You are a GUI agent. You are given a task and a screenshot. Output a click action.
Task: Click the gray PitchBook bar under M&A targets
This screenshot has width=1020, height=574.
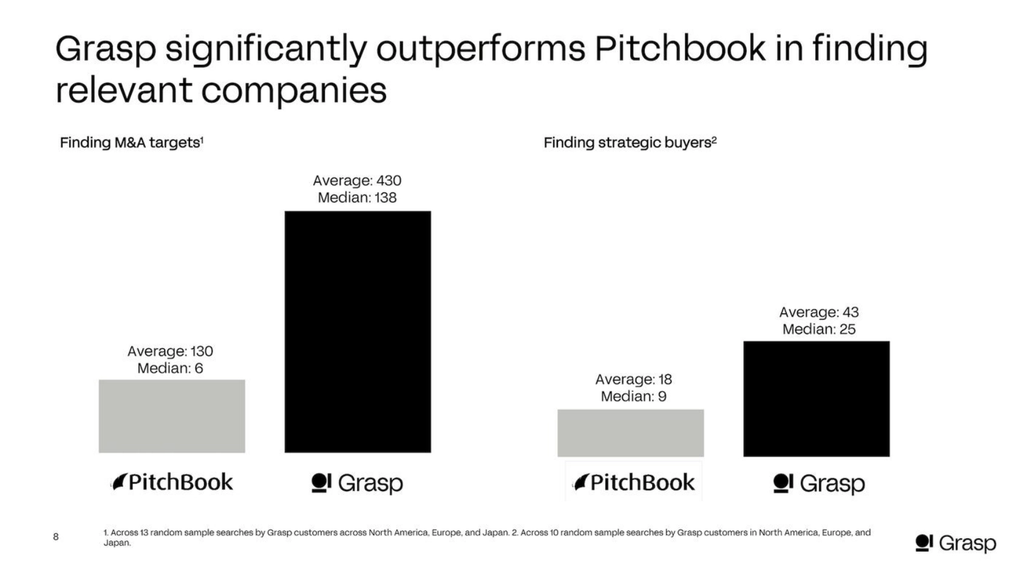coord(172,416)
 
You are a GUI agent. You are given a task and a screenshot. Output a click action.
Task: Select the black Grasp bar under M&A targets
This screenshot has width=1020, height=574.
coord(358,331)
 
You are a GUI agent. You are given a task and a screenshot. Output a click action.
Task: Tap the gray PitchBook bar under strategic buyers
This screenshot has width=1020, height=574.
coord(630,433)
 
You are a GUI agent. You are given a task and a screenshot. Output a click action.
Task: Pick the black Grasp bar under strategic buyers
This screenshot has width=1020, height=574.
coord(816,399)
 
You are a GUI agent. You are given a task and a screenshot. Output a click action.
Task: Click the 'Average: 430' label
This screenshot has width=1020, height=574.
coord(357,180)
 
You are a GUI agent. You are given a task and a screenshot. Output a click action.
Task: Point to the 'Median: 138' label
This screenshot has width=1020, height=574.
coord(357,197)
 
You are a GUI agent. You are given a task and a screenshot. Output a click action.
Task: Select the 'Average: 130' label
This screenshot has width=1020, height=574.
coord(170,351)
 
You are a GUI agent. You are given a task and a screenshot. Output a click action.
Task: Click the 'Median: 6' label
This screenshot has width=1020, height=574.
coord(170,368)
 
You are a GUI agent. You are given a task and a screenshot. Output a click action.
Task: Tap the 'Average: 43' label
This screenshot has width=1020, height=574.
coord(818,312)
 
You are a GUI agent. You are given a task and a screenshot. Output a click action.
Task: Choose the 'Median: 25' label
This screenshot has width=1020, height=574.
coord(818,329)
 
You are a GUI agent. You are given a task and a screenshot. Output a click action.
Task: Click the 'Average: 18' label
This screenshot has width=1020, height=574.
coord(633,379)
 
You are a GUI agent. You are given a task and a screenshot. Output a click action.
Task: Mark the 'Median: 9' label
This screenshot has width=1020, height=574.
coord(633,396)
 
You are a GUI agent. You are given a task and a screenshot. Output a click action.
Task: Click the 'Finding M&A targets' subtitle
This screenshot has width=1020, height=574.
coord(131,143)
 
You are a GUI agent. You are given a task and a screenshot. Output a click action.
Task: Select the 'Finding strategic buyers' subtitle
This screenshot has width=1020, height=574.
coord(630,143)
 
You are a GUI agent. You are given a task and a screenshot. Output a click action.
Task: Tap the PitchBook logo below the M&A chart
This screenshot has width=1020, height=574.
coord(172,482)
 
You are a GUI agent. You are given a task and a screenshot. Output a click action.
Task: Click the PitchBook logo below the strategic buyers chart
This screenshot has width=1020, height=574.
coord(634,482)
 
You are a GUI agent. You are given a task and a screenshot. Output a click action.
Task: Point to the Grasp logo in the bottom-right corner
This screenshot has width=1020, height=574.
coord(955,542)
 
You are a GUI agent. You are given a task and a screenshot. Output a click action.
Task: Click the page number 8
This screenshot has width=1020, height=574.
coord(56,536)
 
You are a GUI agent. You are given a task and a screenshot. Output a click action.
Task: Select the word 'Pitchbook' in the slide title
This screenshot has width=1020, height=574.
coord(679,49)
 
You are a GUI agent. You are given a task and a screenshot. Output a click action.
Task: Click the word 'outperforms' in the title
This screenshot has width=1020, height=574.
coord(481,49)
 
